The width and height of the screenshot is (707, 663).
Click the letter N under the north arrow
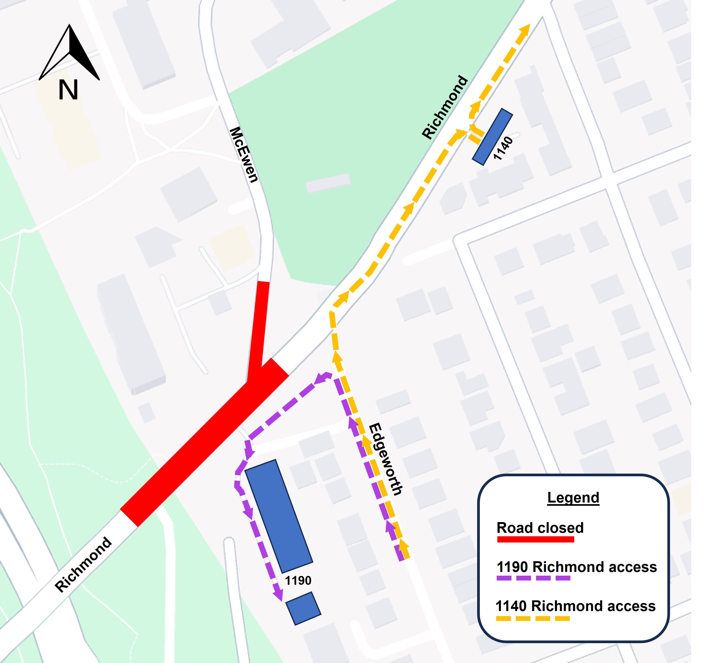pyautogui.click(x=68, y=90)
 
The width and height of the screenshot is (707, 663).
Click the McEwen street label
pyautogui.click(x=244, y=155)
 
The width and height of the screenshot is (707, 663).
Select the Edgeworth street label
pyautogui.click(x=386, y=459)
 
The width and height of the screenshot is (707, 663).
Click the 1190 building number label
pyautogui.click(x=298, y=580)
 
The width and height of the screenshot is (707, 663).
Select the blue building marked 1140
pyautogui.click(x=493, y=137)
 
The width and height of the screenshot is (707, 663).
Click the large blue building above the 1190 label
pyautogui.click(x=279, y=516)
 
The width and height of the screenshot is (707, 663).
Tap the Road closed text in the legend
pyautogui.click(x=540, y=528)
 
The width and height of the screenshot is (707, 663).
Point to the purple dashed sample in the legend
pyautogui.click(x=533, y=578)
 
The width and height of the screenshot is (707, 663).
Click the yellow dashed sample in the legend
pyautogui.click(x=533, y=619)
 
